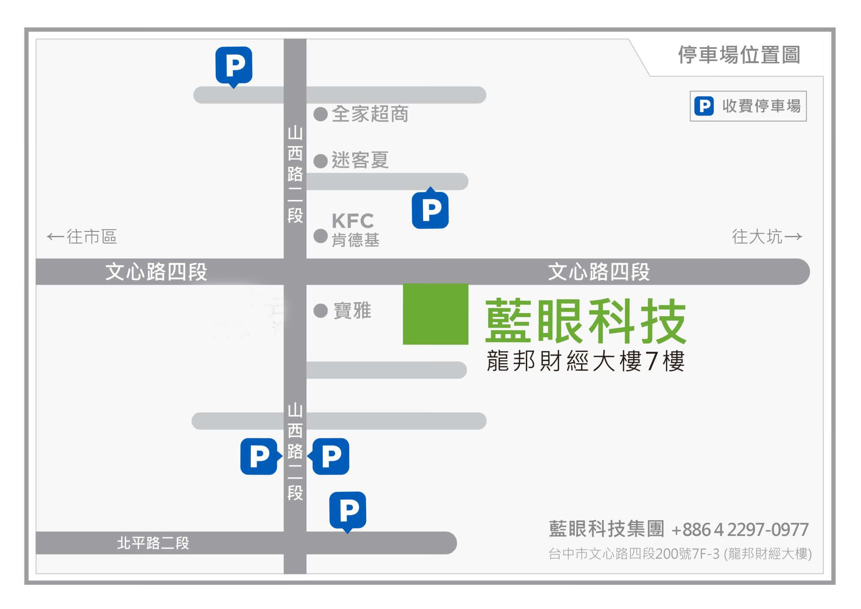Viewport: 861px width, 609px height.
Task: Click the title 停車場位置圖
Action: [x=739, y=55]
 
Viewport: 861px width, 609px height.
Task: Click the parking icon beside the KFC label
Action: [x=430, y=209]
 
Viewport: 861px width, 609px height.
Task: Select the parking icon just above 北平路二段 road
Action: [x=348, y=510]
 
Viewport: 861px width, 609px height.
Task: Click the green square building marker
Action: [x=435, y=314]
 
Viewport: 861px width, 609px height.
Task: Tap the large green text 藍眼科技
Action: [x=586, y=321]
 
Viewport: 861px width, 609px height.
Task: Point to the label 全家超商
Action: [x=370, y=114]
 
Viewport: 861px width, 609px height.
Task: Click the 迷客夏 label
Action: [x=360, y=160]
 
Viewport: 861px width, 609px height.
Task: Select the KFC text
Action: [x=353, y=221]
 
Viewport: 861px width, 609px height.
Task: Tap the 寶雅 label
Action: [x=352, y=310]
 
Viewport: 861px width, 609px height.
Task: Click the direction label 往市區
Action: [x=82, y=236]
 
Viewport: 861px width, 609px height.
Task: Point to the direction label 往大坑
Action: [x=767, y=236]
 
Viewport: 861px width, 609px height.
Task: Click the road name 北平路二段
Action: [x=153, y=543]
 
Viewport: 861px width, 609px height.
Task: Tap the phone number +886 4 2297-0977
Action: [x=740, y=530]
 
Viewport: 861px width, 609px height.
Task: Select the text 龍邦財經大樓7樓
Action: [x=586, y=361]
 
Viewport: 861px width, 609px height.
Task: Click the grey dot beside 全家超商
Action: [x=320, y=114]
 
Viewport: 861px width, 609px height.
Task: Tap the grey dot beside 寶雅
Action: [x=320, y=310]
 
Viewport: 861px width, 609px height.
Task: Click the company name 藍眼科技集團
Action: [x=606, y=529]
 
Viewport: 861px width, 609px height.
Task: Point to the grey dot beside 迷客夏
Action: [x=320, y=161]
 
